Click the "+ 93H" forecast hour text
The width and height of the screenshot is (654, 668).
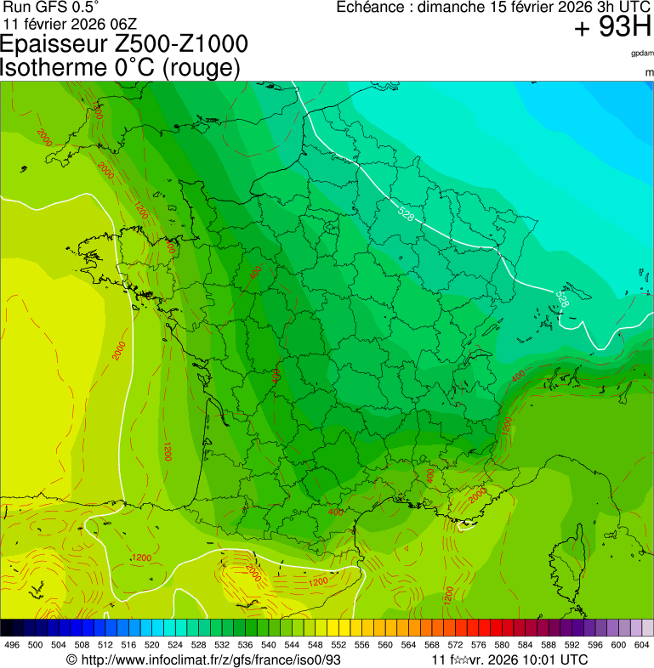click(612, 27)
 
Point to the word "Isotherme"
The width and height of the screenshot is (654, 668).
click(59, 67)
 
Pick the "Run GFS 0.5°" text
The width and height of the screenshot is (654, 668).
click(52, 7)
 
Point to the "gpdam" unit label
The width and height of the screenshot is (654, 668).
click(642, 53)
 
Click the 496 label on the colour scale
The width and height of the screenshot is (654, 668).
click(12, 645)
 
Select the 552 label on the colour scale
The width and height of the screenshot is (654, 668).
click(338, 645)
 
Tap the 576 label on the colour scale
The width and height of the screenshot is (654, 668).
click(479, 645)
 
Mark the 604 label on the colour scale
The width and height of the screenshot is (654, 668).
click(642, 645)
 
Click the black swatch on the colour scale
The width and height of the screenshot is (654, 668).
click(7, 628)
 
